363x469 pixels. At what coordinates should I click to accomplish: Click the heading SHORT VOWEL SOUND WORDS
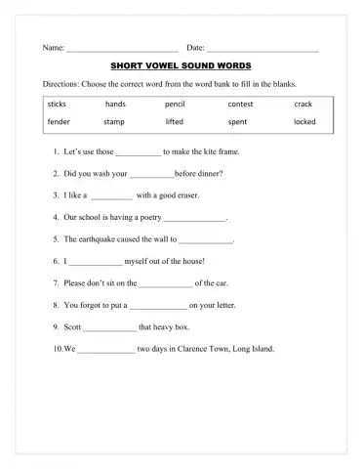pos(181,65)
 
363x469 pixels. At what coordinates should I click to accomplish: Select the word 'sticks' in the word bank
pos(57,103)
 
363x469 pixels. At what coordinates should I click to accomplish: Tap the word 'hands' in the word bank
pos(115,103)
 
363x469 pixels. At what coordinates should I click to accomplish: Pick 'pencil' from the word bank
pos(176,103)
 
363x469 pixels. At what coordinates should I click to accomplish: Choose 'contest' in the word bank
pos(240,103)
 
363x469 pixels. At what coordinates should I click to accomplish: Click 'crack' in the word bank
pos(303,103)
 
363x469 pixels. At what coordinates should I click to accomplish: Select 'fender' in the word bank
pos(59,122)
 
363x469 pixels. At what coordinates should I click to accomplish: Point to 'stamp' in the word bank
pos(114,122)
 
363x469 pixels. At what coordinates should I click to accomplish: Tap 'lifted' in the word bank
pos(175,122)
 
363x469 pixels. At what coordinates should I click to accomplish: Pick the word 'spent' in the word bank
pos(237,122)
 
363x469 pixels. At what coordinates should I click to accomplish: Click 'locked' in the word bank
pos(304,122)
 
